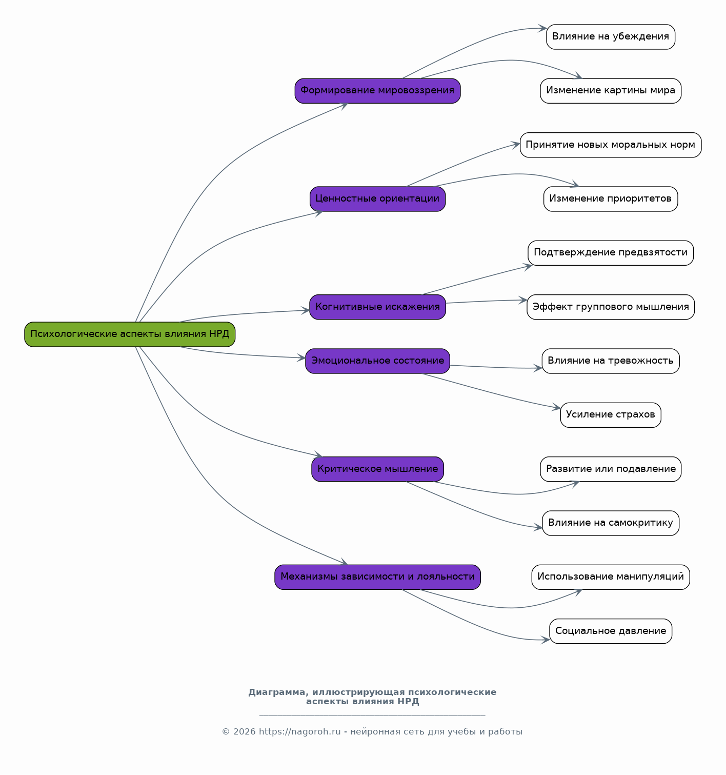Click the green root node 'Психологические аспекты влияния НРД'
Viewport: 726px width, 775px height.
130,334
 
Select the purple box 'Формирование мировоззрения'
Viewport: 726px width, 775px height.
377,91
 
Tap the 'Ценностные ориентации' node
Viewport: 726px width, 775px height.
377,199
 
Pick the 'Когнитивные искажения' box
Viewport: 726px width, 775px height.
377,307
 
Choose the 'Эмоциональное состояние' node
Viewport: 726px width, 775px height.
377,361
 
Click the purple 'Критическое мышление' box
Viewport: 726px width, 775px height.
377,469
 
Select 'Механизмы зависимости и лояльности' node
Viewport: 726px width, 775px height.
377,577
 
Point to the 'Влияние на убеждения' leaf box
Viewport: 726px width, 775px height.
611,37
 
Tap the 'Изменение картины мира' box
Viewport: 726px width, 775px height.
611,91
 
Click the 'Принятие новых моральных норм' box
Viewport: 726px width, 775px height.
611,145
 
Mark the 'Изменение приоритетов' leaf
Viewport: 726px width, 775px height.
611,199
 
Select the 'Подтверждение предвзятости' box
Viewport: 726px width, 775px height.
611,253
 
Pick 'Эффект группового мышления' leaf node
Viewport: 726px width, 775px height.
611,307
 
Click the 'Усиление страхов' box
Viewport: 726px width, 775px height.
611,415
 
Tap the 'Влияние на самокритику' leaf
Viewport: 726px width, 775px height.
611,523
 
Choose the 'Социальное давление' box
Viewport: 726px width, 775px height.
611,631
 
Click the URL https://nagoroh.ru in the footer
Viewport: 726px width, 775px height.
299,732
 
